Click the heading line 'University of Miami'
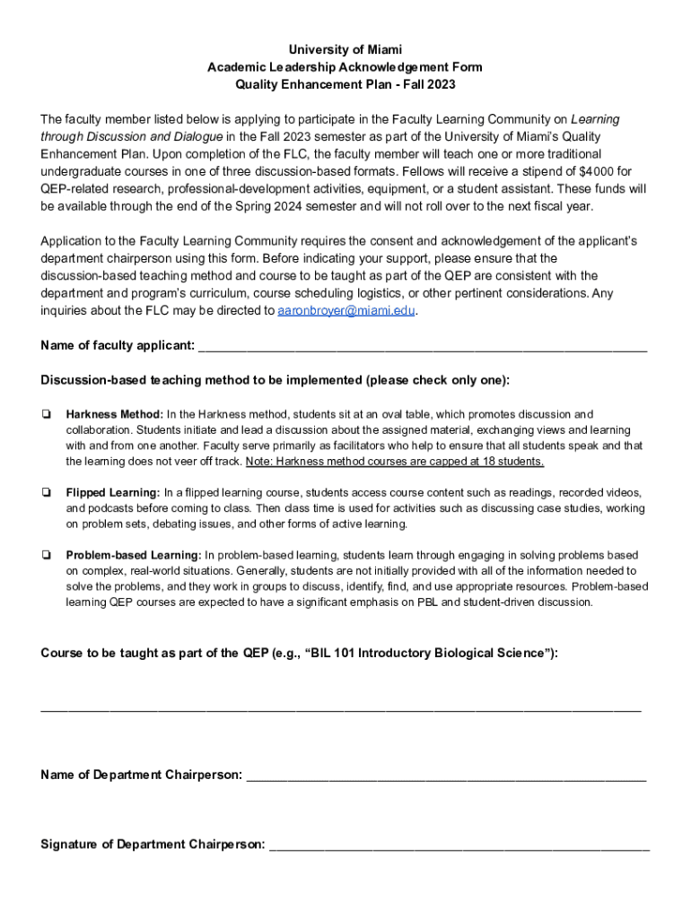click(345, 49)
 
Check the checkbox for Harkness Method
click(46, 414)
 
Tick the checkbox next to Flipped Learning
click(46, 493)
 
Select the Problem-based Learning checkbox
click(46, 556)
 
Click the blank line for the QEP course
click(341, 709)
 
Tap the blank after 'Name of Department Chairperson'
click(446, 775)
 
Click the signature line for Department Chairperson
click(459, 845)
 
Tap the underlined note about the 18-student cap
click(396, 461)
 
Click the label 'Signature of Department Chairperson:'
click(153, 844)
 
